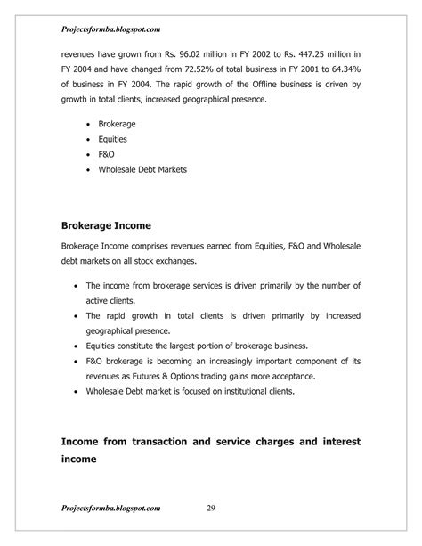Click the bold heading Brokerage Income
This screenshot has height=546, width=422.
click(105, 225)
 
